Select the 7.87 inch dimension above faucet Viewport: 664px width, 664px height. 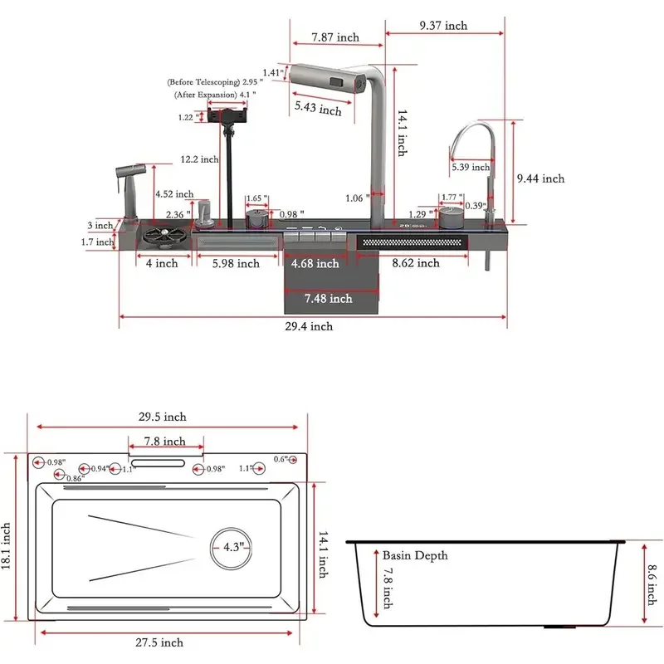tap(335, 37)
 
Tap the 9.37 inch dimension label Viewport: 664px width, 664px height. tap(443, 26)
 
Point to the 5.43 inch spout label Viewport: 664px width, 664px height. tap(318, 109)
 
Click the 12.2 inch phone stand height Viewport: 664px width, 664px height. tap(199, 159)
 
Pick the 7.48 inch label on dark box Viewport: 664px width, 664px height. tap(328, 298)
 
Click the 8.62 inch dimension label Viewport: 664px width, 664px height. tap(415, 263)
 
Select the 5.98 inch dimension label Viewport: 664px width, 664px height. tap(235, 264)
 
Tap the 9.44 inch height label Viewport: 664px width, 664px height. tap(539, 178)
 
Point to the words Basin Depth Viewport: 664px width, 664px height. tap(415, 554)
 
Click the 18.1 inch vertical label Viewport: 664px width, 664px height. tap(7, 546)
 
